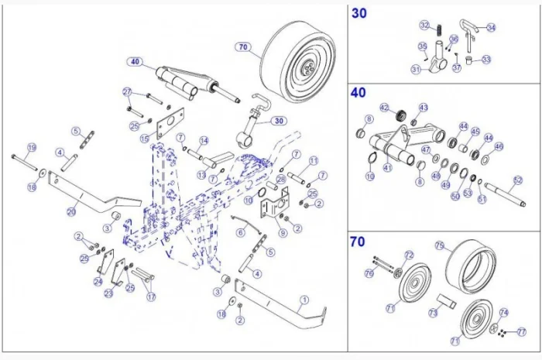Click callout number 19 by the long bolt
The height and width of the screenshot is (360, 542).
click(x=32, y=147)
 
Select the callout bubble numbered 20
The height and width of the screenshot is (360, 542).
click(x=71, y=210)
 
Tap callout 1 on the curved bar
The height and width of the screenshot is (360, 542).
click(x=304, y=300)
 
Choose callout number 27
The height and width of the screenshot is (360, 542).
click(x=128, y=91)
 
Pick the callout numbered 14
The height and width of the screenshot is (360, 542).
click(x=204, y=140)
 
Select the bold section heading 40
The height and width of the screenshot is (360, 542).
click(x=358, y=93)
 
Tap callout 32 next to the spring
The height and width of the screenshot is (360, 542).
click(x=424, y=26)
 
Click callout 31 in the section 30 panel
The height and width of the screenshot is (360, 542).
click(x=416, y=70)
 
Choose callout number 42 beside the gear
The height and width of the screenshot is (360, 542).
click(x=385, y=108)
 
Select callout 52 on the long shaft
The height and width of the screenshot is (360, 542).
click(x=518, y=180)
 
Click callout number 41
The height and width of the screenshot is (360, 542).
click(x=387, y=166)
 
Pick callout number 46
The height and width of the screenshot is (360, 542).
click(x=498, y=146)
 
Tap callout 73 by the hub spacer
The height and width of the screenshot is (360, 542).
click(x=434, y=313)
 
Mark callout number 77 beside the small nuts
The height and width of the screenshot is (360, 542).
click(x=521, y=331)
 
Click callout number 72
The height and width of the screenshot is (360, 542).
click(x=409, y=255)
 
